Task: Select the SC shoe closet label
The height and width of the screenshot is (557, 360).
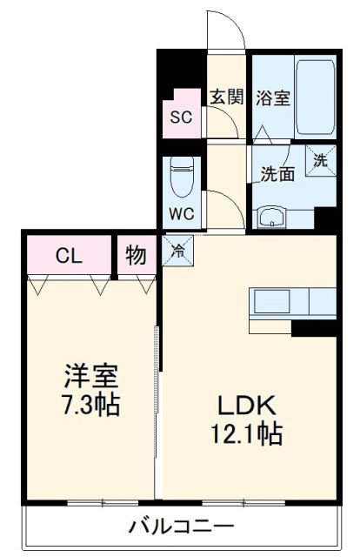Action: click(x=181, y=117)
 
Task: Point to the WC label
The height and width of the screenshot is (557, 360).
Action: click(x=179, y=212)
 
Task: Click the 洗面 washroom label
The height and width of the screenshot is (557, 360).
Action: click(x=278, y=173)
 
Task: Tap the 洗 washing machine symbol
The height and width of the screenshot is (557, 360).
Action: click(x=321, y=160)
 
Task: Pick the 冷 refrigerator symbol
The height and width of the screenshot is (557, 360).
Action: click(x=177, y=251)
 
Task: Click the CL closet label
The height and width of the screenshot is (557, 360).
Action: click(x=70, y=256)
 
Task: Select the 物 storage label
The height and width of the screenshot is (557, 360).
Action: click(x=135, y=256)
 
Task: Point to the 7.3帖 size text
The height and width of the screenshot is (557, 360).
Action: click(x=90, y=405)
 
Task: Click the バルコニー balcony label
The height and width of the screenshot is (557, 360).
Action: click(x=181, y=527)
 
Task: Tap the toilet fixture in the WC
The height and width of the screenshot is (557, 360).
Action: click(x=181, y=178)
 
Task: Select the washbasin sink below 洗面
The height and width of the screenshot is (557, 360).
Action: click(x=273, y=217)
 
